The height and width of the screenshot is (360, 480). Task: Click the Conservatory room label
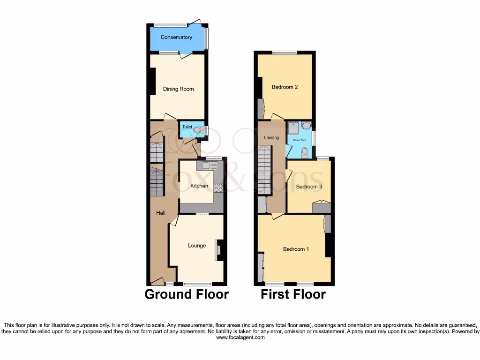(176, 37)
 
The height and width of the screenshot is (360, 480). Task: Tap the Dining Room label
(178, 89)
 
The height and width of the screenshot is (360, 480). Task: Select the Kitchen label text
(199, 186)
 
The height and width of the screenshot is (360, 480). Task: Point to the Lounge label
(197, 246)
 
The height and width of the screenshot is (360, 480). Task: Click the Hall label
(160, 213)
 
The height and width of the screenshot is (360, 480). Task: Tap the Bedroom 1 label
(296, 249)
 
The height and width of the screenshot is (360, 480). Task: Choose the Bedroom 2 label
(285, 87)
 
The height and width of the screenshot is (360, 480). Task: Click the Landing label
(271, 138)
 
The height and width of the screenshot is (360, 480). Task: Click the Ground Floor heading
(187, 294)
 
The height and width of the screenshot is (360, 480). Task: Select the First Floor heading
(293, 294)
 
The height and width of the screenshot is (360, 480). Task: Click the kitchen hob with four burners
(218, 187)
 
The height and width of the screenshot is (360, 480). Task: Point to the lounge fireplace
(218, 250)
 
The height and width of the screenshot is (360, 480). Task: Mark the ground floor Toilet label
(187, 127)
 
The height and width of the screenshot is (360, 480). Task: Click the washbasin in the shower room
(306, 126)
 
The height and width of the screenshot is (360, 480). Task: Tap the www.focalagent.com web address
(240, 337)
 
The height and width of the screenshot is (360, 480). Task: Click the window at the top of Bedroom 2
(285, 52)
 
